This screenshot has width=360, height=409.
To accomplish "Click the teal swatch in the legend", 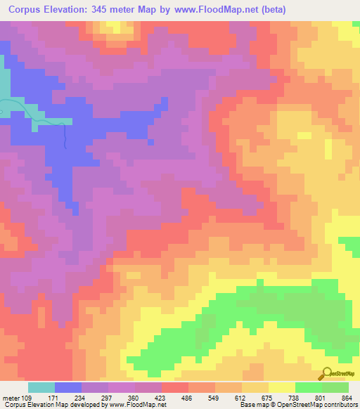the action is [41, 387].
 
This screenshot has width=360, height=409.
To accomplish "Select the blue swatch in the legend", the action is [68, 387].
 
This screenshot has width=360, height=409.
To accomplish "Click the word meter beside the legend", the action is [11, 398].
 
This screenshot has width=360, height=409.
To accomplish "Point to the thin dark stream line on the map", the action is [65, 136].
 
